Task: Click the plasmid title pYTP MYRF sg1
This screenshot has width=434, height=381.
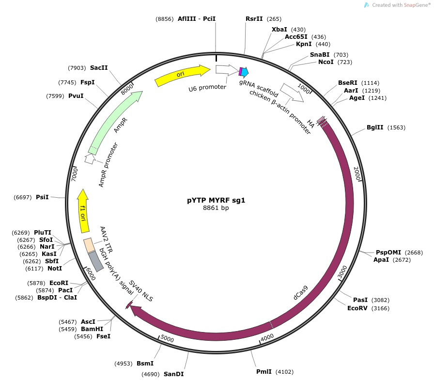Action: coord(216,200)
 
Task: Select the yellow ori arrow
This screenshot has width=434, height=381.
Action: coord(182,75)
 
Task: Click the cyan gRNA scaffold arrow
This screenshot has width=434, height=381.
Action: coord(245,72)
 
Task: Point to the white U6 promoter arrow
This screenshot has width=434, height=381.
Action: coord(226,70)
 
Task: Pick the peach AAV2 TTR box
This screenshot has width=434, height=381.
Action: coord(89,245)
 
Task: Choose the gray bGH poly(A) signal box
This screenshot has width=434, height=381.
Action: coord(96,261)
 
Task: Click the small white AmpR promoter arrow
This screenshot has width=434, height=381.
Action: coord(90,159)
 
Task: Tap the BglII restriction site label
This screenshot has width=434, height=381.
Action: coord(375,127)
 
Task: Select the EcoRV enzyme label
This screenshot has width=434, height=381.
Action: coord(357,308)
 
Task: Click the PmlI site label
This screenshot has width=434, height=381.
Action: coord(264,372)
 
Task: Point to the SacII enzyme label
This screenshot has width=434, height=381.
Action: coord(99,68)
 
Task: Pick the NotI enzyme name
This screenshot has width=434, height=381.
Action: coord(55,269)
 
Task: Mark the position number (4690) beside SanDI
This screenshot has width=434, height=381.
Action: coord(151,374)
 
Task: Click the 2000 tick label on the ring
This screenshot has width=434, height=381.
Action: coord(357,174)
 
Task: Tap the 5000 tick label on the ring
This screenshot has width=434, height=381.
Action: coord(167,338)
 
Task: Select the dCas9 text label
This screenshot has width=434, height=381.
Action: coord(301,293)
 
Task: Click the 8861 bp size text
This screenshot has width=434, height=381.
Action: coord(216,207)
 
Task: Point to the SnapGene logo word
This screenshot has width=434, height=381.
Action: coord(416,5)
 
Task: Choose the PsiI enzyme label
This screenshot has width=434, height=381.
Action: coord(42,197)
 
